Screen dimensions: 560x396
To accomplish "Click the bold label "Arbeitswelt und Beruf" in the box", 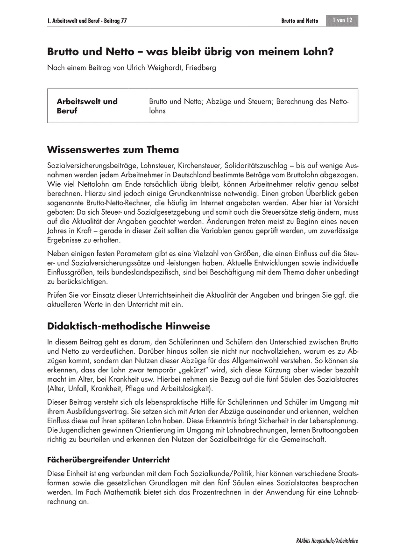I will click(x=87, y=106).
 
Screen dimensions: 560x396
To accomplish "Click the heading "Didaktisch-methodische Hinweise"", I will click(x=128, y=325).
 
